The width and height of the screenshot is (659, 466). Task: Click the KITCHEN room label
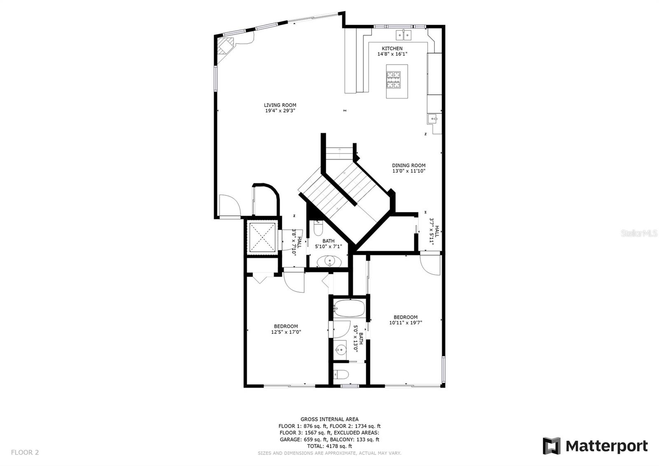(392, 49)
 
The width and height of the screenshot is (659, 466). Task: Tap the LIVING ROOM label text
(280, 105)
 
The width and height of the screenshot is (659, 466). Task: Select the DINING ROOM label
(409, 165)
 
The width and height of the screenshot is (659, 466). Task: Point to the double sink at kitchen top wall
(404, 35)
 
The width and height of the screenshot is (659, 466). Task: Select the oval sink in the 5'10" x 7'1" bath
(329, 261)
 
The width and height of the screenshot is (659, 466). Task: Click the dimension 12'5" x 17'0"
(286, 332)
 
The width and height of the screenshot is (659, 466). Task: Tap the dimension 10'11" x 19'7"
(406, 323)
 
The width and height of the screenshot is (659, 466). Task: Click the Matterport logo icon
(552, 446)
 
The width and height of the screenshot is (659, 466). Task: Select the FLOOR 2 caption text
(25, 452)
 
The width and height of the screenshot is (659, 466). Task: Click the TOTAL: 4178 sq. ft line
(329, 446)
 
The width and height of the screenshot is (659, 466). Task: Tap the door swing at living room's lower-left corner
(229, 205)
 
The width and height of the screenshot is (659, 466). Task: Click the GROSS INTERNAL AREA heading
(329, 419)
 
